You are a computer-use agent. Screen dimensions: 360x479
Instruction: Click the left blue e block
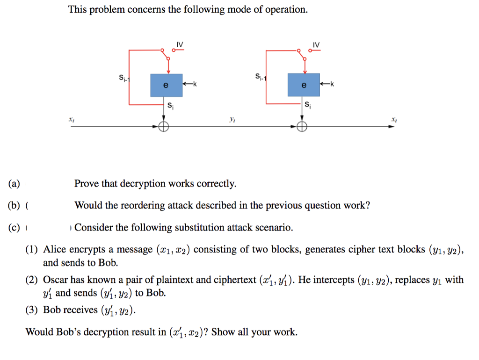[x=166, y=85]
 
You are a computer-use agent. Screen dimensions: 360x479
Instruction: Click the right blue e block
[x=304, y=85]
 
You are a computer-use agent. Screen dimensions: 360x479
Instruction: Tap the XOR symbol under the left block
[x=164, y=126]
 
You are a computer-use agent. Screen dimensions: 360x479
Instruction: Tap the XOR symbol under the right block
[x=302, y=126]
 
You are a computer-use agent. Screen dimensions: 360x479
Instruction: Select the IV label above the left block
[x=180, y=44]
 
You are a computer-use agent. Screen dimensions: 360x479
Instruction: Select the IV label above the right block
[x=317, y=44]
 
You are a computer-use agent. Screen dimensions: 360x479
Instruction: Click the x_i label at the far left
[x=71, y=120]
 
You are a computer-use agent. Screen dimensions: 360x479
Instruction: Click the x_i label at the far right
[x=394, y=120]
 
